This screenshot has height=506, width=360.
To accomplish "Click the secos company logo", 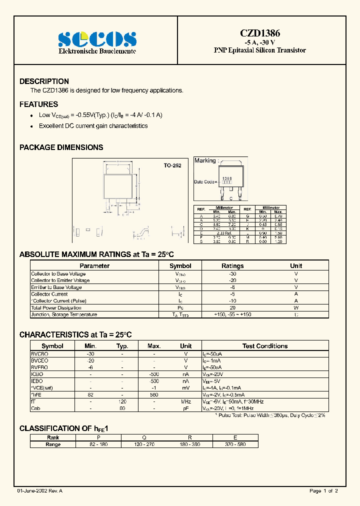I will (x=97, y=39).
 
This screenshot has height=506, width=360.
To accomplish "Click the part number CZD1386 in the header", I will (x=259, y=33).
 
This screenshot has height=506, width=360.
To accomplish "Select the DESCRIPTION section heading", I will (x=44, y=81).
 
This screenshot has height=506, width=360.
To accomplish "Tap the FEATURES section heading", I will (x=38, y=104).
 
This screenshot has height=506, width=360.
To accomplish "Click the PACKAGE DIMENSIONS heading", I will (x=61, y=147).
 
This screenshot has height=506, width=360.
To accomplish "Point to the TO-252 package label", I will (x=172, y=165).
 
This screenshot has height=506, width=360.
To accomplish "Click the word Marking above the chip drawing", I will (x=205, y=160).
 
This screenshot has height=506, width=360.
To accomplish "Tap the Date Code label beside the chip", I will (x=204, y=181).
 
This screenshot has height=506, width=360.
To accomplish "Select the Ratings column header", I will (x=232, y=266).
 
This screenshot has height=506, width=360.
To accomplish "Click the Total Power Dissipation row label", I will (x=56, y=307).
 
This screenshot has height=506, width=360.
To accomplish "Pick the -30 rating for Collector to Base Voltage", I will (x=232, y=273).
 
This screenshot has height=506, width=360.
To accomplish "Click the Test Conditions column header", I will (x=264, y=345).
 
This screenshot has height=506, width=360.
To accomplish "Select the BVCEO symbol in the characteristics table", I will (x=40, y=360).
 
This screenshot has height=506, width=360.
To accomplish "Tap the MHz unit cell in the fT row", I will (x=186, y=401).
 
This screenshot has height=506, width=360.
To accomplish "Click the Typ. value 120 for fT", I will (x=122, y=401).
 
